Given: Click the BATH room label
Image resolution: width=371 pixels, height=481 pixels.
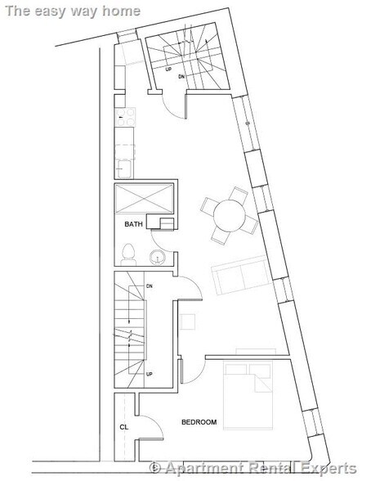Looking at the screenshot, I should (133, 223).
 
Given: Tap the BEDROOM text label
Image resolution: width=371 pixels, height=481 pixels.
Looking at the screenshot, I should (199, 421).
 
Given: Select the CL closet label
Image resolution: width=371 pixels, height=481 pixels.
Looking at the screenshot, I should (123, 426).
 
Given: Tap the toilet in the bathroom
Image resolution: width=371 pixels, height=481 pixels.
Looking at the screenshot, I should (127, 252).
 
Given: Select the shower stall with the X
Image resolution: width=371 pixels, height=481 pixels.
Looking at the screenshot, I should (144, 199).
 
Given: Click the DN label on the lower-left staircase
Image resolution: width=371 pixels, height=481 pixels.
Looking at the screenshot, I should (150, 285).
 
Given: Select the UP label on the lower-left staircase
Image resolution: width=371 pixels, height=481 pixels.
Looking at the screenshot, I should (150, 373).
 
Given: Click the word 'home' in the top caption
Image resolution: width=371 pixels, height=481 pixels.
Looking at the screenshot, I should (123, 11).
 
